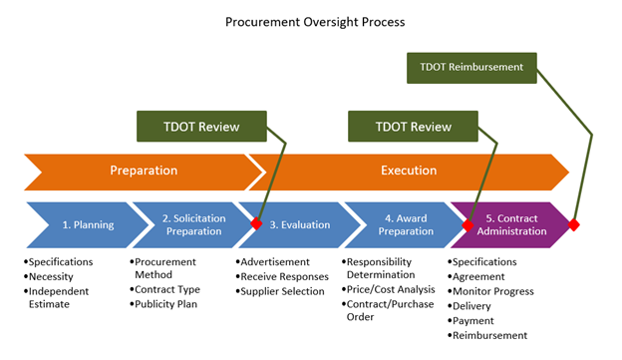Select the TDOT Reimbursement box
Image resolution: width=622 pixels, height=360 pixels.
point(471,68)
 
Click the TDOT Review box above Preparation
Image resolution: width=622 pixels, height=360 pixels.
point(202,127)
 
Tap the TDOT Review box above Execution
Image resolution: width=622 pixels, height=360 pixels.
point(413,127)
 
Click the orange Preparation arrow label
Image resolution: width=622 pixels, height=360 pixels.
point(144,171)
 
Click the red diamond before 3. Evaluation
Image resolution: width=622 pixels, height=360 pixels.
point(257,224)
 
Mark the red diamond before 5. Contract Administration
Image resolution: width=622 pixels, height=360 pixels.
point(467,224)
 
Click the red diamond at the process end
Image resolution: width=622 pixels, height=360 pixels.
point(573,224)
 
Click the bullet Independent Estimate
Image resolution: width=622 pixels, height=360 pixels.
point(63,297)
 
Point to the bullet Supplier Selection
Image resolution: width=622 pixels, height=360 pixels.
point(283,291)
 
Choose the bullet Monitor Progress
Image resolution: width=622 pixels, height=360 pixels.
point(495,291)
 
